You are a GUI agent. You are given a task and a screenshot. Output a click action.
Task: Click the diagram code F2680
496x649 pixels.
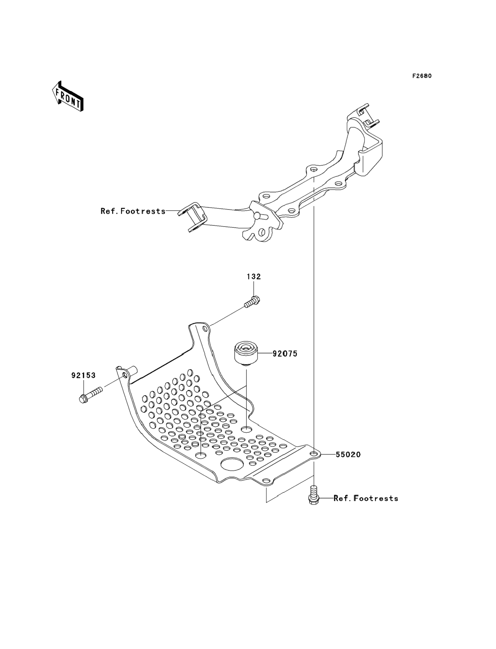(422, 76)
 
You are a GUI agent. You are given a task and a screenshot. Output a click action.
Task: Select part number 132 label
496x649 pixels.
(253, 277)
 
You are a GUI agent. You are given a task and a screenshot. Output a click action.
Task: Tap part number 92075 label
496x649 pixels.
(285, 353)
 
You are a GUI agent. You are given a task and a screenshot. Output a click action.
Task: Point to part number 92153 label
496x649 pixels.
(83, 375)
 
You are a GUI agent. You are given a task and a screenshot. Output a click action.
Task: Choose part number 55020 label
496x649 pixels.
(348, 454)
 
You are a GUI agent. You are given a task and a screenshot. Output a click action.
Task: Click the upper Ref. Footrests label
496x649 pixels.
(133, 211)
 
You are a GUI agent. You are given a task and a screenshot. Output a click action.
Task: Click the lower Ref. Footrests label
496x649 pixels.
(366, 498)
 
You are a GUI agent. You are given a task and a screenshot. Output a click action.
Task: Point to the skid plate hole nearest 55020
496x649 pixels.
(314, 454)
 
